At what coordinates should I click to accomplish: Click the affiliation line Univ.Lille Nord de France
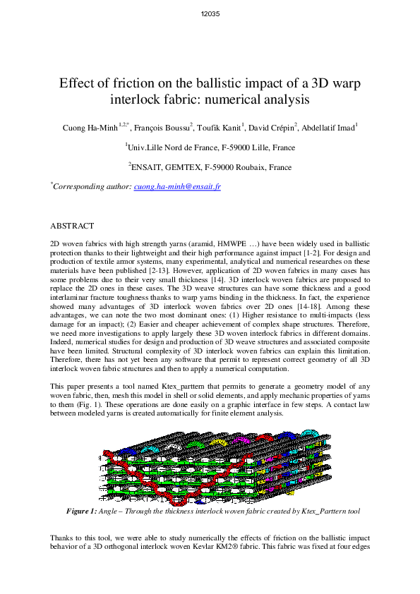pyautogui.click(x=210, y=148)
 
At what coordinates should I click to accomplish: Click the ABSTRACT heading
pyautogui.click(x=72, y=226)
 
